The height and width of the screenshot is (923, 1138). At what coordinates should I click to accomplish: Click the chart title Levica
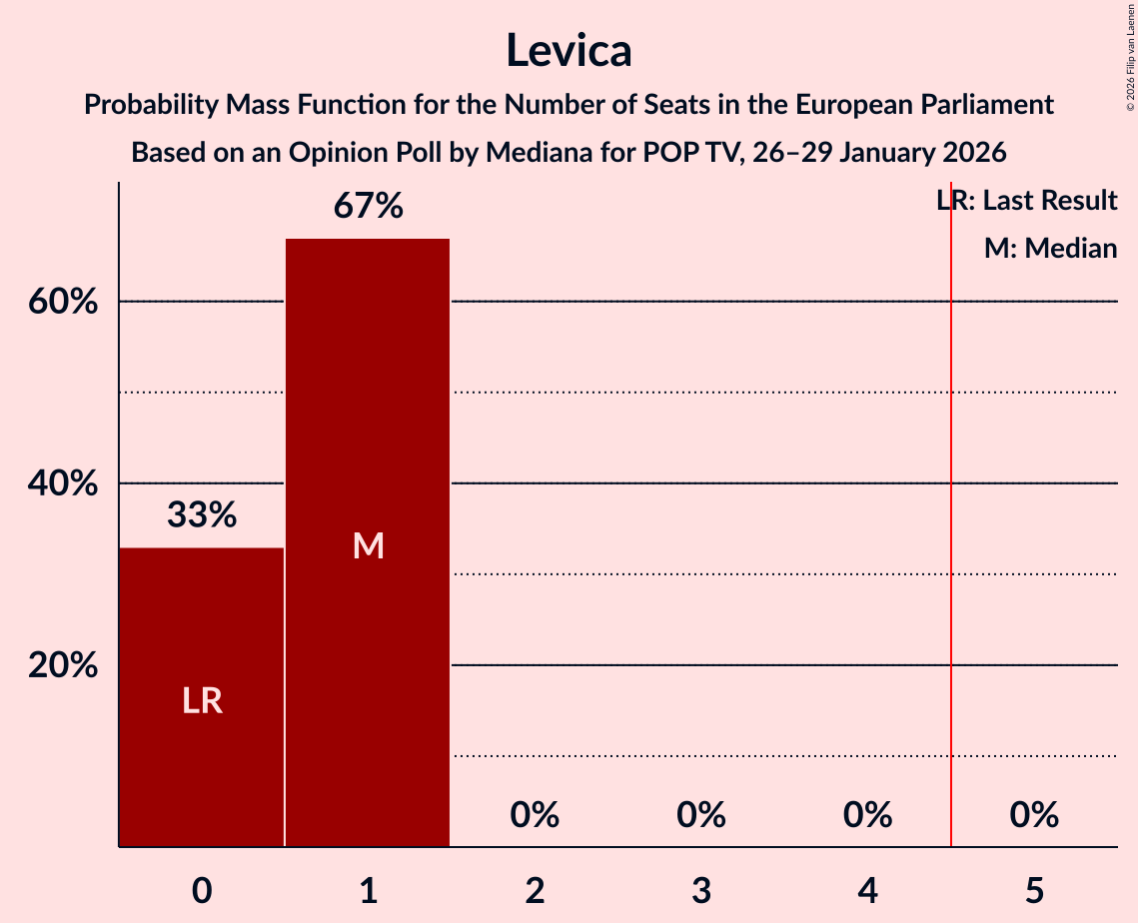(x=569, y=50)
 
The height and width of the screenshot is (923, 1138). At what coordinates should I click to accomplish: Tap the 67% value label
(x=368, y=207)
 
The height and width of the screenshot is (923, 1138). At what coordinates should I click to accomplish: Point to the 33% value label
(x=202, y=515)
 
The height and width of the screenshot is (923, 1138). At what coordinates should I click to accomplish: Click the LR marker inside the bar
(x=202, y=701)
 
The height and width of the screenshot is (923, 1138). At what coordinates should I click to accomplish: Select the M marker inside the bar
(x=368, y=545)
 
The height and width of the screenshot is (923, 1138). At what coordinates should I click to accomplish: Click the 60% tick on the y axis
(x=62, y=302)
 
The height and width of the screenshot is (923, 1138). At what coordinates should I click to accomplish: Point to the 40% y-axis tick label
(x=62, y=483)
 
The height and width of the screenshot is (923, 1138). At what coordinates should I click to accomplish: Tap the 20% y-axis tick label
(x=62, y=665)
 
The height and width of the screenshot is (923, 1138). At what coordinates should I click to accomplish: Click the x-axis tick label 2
(x=535, y=889)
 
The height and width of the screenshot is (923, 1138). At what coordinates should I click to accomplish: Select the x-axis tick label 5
(x=1033, y=889)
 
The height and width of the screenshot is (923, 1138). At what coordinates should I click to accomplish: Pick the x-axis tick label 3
(x=700, y=889)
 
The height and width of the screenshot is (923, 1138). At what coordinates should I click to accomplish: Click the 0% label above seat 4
(x=867, y=815)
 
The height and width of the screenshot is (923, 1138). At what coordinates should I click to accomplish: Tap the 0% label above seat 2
(x=535, y=815)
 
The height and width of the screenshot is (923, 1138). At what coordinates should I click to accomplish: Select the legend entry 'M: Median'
(x=1050, y=248)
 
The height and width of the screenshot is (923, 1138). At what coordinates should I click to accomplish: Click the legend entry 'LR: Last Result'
(x=1027, y=201)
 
